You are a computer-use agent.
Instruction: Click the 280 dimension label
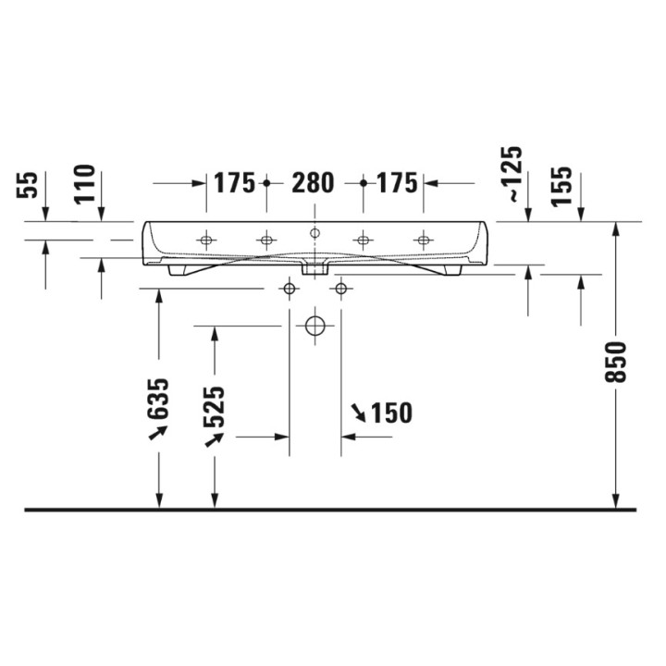pos(313,183)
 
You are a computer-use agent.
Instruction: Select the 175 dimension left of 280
pos(234,183)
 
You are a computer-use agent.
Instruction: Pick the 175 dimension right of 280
pos(397,183)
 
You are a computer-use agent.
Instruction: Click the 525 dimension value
pos(214,406)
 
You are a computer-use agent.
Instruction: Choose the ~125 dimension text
pos(512,177)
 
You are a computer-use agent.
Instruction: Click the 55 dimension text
pos(29,185)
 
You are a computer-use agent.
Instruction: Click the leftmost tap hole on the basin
pos(205,240)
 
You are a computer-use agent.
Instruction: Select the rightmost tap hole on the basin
pos(423,240)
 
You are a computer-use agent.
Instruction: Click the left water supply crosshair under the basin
pos(290,290)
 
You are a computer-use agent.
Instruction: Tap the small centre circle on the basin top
pos(314,232)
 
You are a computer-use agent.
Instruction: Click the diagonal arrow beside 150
pos(357,410)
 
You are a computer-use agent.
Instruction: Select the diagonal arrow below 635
pos(158,433)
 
